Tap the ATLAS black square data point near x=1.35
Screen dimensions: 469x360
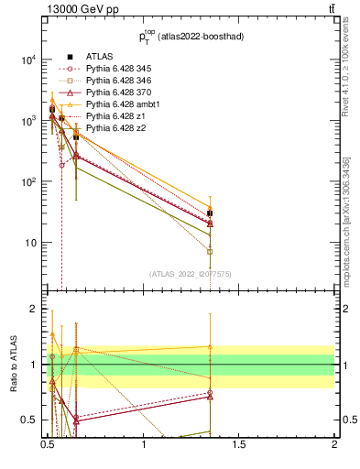210,213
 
